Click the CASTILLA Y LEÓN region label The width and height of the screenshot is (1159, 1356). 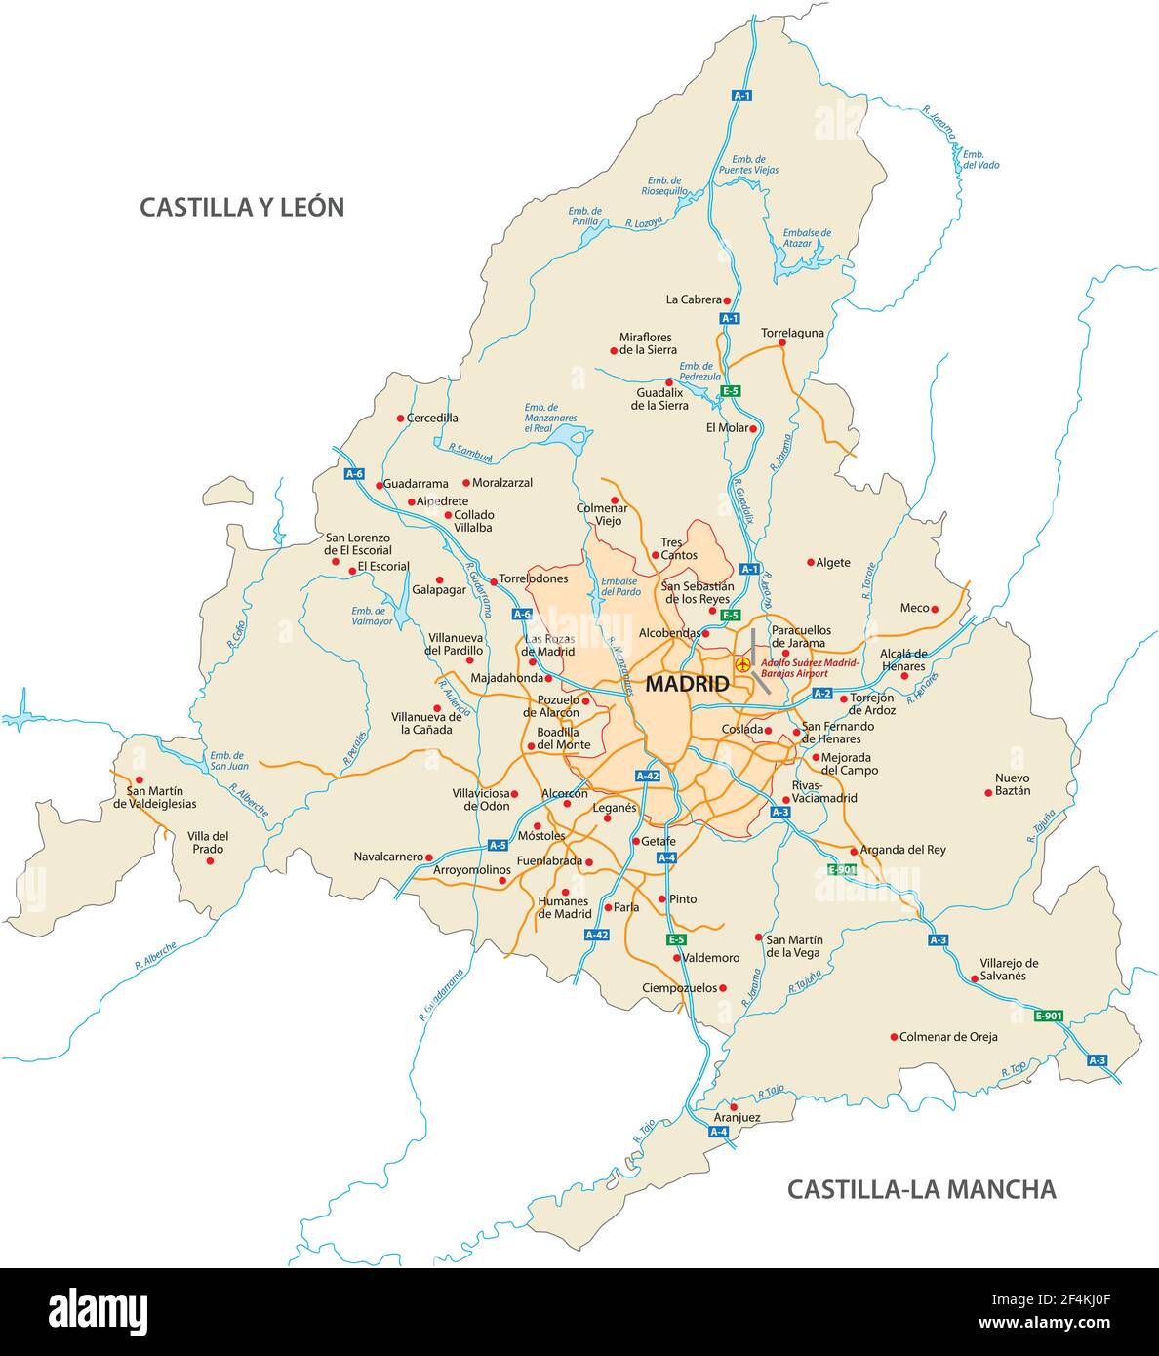[242, 207]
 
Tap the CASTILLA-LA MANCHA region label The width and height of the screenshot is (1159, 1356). [921, 1189]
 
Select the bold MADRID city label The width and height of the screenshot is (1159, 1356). [687, 684]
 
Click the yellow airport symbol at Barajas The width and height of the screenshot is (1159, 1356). [743, 664]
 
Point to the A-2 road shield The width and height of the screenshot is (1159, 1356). [821, 694]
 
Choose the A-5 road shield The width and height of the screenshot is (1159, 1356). [498, 845]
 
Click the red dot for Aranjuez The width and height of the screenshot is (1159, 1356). [734, 1106]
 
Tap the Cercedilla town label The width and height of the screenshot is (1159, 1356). [432, 419]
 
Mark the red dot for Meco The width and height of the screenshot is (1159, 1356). [935, 608]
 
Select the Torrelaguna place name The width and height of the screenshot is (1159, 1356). [792, 333]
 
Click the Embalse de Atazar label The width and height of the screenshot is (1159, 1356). [807, 239]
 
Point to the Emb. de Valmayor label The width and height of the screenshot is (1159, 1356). [372, 616]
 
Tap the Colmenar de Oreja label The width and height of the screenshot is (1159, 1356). [948, 1037]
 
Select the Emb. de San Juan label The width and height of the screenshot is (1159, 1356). [228, 760]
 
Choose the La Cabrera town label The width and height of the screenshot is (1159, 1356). [694, 300]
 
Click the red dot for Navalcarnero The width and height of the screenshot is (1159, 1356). [428, 857]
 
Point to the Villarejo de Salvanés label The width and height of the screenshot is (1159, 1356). [1009, 969]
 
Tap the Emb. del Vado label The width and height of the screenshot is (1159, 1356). [980, 159]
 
